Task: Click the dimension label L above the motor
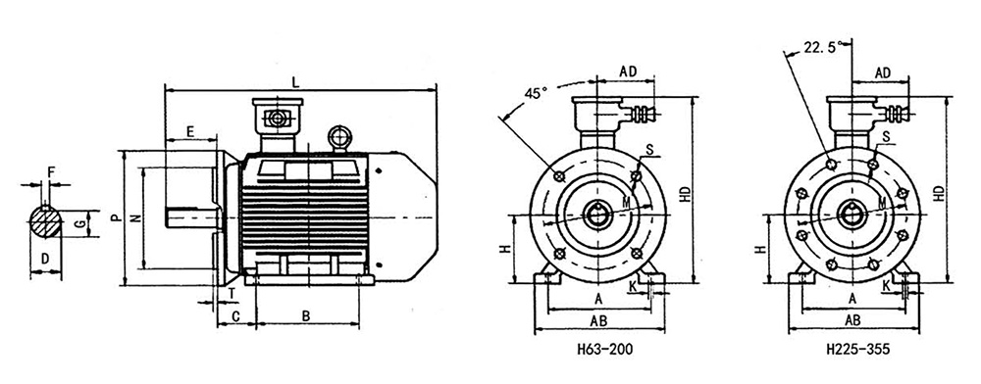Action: point(296,82)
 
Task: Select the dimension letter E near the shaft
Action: point(190,131)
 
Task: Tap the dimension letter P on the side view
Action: point(116,217)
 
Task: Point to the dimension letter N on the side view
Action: point(135,217)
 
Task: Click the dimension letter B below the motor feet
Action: point(306,316)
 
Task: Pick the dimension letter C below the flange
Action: point(235,316)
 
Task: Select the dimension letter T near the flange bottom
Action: point(232,293)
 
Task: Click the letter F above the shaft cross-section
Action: point(52,170)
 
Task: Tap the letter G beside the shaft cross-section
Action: point(79,223)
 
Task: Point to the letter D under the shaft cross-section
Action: point(45,259)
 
